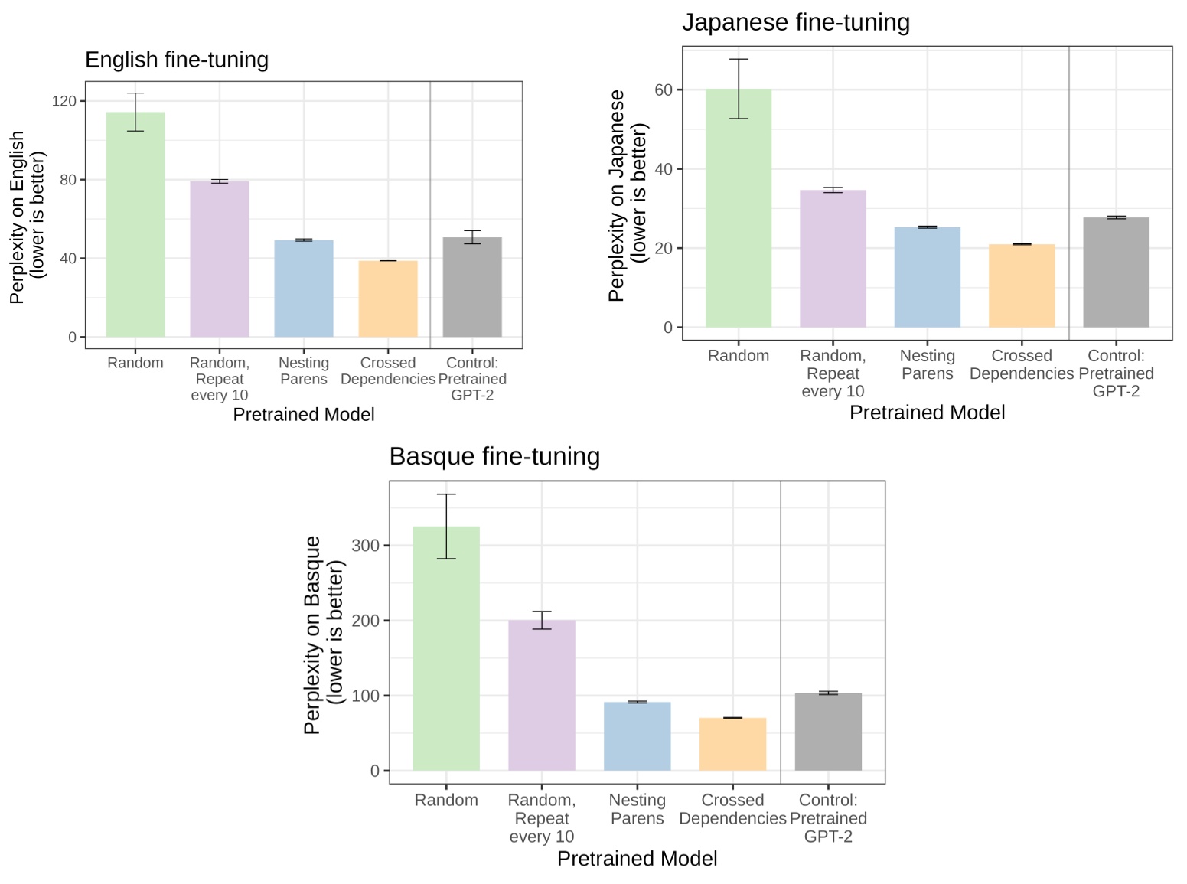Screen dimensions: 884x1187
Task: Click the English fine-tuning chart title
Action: pos(177,60)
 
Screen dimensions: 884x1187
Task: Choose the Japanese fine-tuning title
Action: pos(796,22)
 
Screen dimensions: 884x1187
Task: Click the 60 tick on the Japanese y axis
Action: pos(663,90)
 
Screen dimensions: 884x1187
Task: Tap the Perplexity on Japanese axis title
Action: pos(628,195)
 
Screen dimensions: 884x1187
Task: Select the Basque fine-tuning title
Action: pos(494,456)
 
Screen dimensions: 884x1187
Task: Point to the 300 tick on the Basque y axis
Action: pos(365,546)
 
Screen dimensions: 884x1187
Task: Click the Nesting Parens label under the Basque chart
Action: pos(637,809)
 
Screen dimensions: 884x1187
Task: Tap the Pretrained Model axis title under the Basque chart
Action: pos(637,859)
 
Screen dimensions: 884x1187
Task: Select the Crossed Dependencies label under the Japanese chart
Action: pos(1022,364)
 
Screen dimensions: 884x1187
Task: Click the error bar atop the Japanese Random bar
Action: pos(739,88)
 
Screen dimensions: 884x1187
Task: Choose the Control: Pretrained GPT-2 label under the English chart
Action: pos(472,379)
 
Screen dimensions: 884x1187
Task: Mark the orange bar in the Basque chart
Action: pos(732,744)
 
